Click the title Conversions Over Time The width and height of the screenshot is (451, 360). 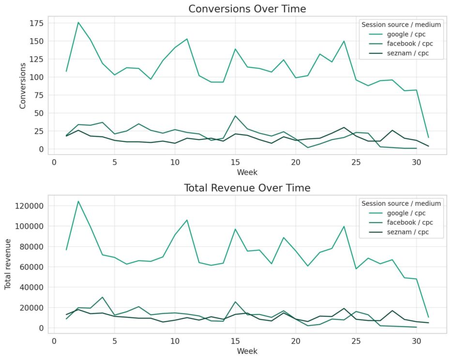247,9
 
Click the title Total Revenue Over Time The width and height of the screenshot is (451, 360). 247,188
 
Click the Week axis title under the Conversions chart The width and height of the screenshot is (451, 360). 247,172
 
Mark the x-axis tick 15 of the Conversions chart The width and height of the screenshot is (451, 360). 235,162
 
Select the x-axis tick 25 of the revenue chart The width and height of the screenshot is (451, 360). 356,340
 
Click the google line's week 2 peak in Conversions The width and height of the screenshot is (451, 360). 78,22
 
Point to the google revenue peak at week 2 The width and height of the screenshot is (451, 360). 78,201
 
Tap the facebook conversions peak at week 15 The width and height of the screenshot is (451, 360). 235,116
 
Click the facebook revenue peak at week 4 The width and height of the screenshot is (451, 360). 102,297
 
